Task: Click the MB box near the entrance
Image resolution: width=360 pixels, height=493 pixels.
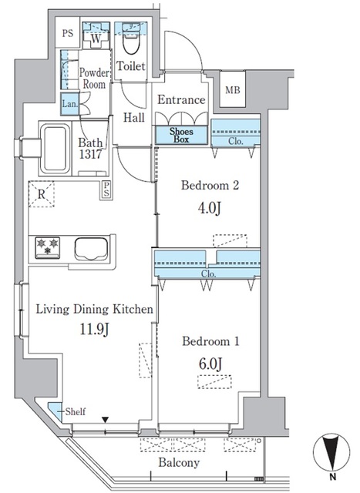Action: [232, 90]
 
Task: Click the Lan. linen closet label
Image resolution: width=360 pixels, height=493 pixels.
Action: [69, 103]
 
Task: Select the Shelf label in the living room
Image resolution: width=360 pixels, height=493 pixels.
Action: [74, 411]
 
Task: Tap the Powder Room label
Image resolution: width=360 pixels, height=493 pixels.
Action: [94, 78]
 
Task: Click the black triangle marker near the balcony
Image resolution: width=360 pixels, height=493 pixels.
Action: [106, 421]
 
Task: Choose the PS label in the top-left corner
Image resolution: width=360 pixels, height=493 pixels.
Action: [68, 33]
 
